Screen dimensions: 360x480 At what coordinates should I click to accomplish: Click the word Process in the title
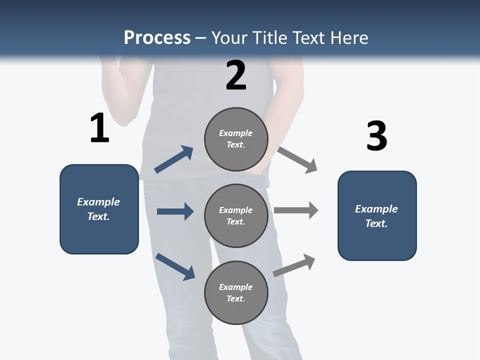click(x=157, y=38)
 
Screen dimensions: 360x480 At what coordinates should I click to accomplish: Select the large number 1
click(x=99, y=128)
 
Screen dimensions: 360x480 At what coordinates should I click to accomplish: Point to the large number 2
click(x=236, y=75)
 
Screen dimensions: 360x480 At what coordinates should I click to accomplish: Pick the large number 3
click(x=376, y=136)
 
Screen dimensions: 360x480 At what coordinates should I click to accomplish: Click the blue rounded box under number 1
click(x=99, y=209)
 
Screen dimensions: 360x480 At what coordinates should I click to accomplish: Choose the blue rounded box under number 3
click(x=377, y=215)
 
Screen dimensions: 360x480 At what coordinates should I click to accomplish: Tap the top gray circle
click(x=236, y=139)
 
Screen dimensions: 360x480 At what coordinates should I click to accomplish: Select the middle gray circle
click(x=236, y=215)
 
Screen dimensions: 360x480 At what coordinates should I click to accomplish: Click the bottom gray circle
click(x=236, y=292)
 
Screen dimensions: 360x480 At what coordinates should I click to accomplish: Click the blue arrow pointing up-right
click(x=174, y=159)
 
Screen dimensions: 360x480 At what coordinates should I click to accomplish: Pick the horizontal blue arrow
click(x=175, y=211)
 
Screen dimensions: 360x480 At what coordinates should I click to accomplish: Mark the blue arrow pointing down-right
click(x=175, y=266)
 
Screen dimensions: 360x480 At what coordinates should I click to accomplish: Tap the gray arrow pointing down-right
click(x=297, y=160)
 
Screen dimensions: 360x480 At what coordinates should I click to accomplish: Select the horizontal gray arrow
click(x=296, y=210)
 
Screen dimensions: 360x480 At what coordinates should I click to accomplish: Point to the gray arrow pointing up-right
click(x=294, y=265)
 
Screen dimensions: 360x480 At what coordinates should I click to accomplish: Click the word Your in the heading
click(x=229, y=38)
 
